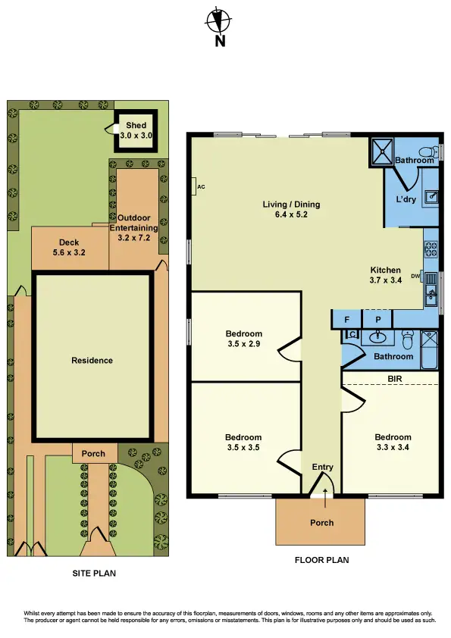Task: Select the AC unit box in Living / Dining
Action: pos(196,186)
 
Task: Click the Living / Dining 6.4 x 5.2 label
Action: pos(291,209)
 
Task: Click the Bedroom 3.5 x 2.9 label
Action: pos(244,339)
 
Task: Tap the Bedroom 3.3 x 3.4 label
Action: pos(393,442)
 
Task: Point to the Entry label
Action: pos(322,468)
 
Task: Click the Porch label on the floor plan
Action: pos(322,523)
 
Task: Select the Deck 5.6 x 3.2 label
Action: pos(70,247)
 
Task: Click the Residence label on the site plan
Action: pos(92,361)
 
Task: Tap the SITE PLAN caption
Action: pos(91,574)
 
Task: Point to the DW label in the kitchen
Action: pos(415,276)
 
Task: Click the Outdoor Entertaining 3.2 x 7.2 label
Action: pos(133,227)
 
